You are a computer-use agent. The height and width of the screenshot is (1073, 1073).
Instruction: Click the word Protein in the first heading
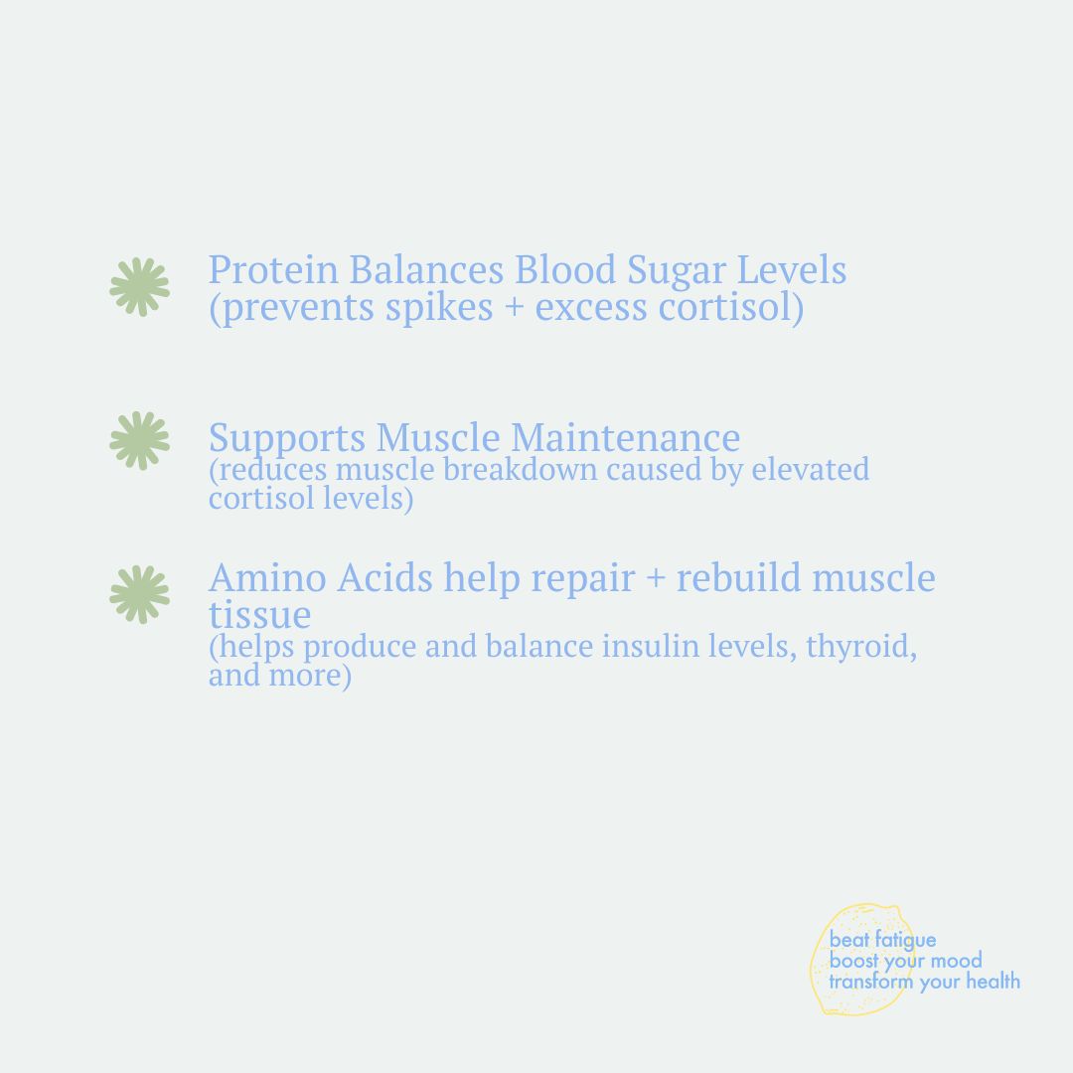tap(274, 269)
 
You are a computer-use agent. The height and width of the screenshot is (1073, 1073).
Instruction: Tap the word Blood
tap(565, 269)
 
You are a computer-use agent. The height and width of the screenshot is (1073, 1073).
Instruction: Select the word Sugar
tap(677, 272)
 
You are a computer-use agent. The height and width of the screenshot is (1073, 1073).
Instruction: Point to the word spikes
tap(439, 308)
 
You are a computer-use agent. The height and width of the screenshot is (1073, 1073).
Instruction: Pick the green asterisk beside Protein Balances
tap(140, 287)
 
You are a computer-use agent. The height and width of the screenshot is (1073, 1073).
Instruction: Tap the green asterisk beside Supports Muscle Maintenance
tap(140, 441)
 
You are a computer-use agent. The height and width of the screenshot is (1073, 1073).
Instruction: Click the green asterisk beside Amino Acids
tap(140, 595)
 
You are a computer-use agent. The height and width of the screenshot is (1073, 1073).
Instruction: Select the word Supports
tap(287, 440)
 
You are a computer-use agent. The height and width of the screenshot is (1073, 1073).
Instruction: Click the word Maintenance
tap(626, 437)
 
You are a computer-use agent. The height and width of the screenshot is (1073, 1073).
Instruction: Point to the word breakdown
tap(521, 469)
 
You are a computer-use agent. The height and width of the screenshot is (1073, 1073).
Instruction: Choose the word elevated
tap(811, 469)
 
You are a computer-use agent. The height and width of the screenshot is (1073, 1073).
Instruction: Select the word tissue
tap(259, 615)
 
